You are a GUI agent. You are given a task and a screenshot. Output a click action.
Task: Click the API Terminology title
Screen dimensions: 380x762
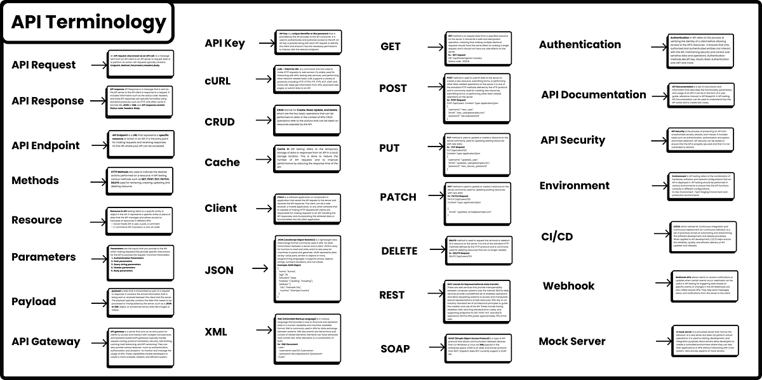[x=88, y=22]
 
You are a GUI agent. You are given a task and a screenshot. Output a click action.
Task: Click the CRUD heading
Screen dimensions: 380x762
[x=220, y=122]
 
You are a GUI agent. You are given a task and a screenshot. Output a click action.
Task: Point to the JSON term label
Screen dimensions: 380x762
[x=219, y=270]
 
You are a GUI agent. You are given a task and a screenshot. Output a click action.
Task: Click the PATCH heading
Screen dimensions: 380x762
[x=398, y=197]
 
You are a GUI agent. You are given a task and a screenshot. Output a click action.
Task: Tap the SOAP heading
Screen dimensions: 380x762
[x=395, y=348]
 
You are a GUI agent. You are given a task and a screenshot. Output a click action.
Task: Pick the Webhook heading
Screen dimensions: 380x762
[x=568, y=286]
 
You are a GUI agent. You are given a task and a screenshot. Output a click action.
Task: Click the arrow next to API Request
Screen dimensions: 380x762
[x=96, y=65]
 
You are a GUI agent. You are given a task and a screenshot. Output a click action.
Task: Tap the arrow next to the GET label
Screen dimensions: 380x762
[x=431, y=46]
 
